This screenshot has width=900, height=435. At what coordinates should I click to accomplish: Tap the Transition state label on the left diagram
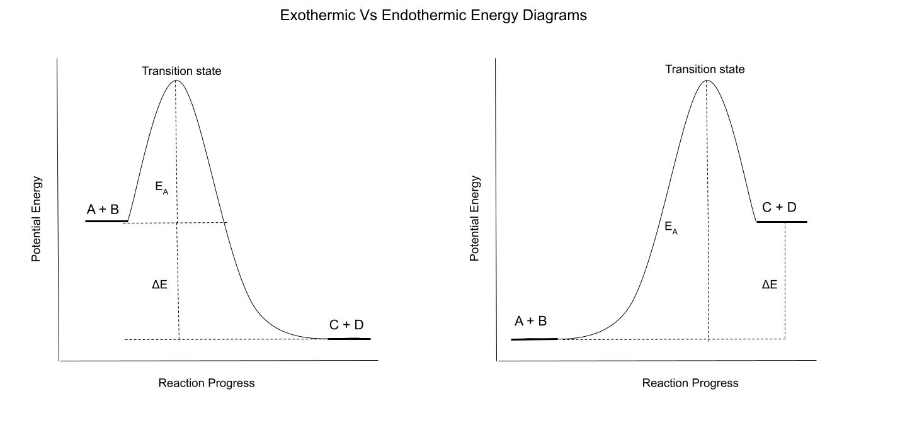pyautogui.click(x=181, y=71)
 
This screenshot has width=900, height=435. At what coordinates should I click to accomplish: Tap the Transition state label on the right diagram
pyautogui.click(x=705, y=69)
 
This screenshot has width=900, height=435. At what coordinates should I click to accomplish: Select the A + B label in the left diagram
pyautogui.click(x=103, y=210)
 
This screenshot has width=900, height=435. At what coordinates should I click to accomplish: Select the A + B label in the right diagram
pyautogui.click(x=530, y=322)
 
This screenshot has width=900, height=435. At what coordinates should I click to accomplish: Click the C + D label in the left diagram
pyautogui.click(x=346, y=325)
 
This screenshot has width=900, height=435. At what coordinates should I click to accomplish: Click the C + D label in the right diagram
pyautogui.click(x=779, y=207)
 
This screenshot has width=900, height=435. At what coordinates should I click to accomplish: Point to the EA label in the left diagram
pyautogui.click(x=161, y=188)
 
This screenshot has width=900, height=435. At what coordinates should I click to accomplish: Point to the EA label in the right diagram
pyautogui.click(x=671, y=228)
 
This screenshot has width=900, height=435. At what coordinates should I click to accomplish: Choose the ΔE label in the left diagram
pyautogui.click(x=159, y=285)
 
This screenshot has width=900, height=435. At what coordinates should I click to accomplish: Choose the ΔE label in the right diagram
pyautogui.click(x=769, y=285)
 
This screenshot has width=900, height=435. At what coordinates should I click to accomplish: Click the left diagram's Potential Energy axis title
pyautogui.click(x=37, y=219)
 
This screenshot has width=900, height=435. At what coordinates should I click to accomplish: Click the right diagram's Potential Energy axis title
pyautogui.click(x=475, y=219)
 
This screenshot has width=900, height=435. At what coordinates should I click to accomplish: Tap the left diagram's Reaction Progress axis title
pyautogui.click(x=207, y=383)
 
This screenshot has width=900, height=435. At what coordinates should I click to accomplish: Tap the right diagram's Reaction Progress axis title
pyautogui.click(x=690, y=383)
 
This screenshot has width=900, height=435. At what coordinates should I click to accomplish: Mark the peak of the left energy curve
pyautogui.click(x=176, y=80)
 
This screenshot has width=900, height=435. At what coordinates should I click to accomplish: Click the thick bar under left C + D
pyautogui.click(x=350, y=339)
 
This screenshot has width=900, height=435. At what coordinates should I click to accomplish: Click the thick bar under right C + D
pyautogui.click(x=782, y=222)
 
